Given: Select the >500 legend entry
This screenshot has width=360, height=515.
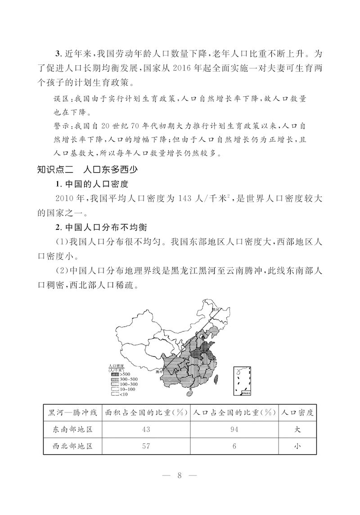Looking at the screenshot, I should point(125,374).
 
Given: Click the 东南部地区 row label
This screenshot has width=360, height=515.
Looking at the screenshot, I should point(72,430).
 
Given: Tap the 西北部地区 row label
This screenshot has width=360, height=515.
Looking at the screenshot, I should point(72,447).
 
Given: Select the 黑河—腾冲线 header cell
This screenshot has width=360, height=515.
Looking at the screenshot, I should point(72,412).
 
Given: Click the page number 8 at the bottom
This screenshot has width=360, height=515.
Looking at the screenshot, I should point(179,476).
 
